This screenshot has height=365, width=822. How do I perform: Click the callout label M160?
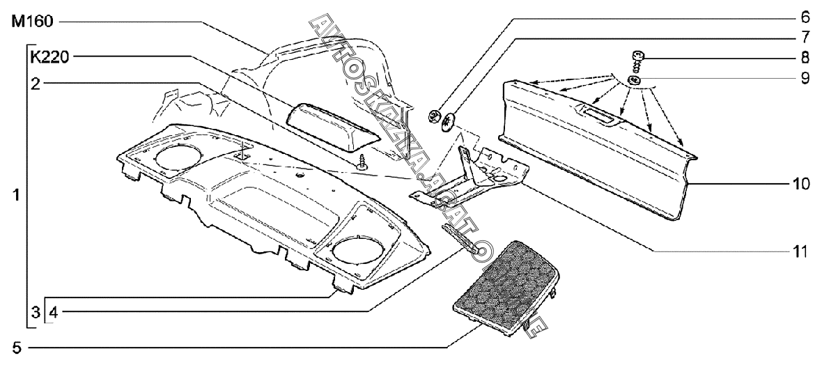(31, 22)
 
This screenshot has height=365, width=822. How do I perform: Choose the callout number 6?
(804, 15)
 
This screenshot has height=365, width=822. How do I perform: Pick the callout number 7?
(804, 36)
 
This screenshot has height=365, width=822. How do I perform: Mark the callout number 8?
(804, 57)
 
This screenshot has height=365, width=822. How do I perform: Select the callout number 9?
(804, 79)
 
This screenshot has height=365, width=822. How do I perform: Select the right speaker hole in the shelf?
(356, 247)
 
